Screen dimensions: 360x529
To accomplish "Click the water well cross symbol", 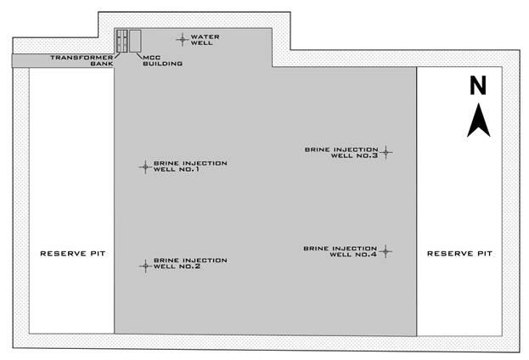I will tap(181, 38).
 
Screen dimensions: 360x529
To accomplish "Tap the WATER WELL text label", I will tap(205, 40).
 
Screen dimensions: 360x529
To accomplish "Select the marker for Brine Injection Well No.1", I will tap(144, 166).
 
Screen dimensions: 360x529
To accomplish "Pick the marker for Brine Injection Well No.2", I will tap(144, 265).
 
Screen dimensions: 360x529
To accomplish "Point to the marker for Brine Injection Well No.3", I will tap(385, 153).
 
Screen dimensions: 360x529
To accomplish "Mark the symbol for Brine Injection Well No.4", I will tap(385, 250).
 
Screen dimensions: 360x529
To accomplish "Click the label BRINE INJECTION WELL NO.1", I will tap(190, 166).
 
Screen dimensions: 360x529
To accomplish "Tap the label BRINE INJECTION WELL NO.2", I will tap(190, 263).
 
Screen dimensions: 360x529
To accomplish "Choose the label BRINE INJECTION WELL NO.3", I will tap(341, 153).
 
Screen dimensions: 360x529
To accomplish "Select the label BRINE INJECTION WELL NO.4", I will tap(340, 250).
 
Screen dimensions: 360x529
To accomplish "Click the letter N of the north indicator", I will tap(478, 85).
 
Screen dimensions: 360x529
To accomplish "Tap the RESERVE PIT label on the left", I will tap(72, 253).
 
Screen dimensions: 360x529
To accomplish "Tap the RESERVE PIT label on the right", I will tap(459, 253).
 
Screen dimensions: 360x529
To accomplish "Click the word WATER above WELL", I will tap(205, 37).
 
